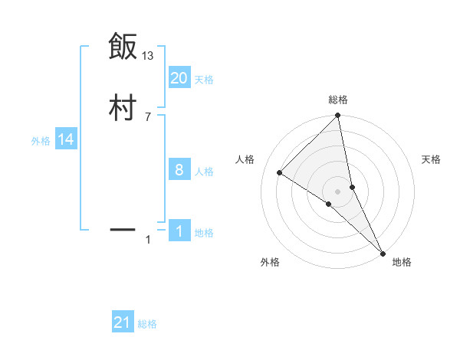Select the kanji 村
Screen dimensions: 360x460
point(123,108)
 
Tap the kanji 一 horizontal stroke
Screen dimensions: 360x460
point(123,228)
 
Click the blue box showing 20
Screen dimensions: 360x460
point(179,78)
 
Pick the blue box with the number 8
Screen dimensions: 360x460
point(179,170)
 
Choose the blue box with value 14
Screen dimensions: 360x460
point(65,139)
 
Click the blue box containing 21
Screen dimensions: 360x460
point(123,322)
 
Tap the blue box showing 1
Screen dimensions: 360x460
point(179,231)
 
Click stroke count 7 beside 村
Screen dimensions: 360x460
point(147,116)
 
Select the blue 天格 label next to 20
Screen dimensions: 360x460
point(204,79)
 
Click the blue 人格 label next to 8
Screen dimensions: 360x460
point(204,172)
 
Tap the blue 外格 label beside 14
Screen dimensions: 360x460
point(41,141)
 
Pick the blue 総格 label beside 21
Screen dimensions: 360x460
point(147,324)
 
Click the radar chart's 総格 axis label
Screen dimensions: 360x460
point(338,100)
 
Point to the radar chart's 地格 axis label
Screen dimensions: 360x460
point(402,262)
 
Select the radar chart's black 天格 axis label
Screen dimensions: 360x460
point(432,159)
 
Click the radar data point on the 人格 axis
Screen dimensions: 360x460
point(280,172)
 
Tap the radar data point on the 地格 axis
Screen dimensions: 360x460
point(383,252)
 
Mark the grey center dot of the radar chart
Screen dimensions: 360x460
point(338,191)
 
